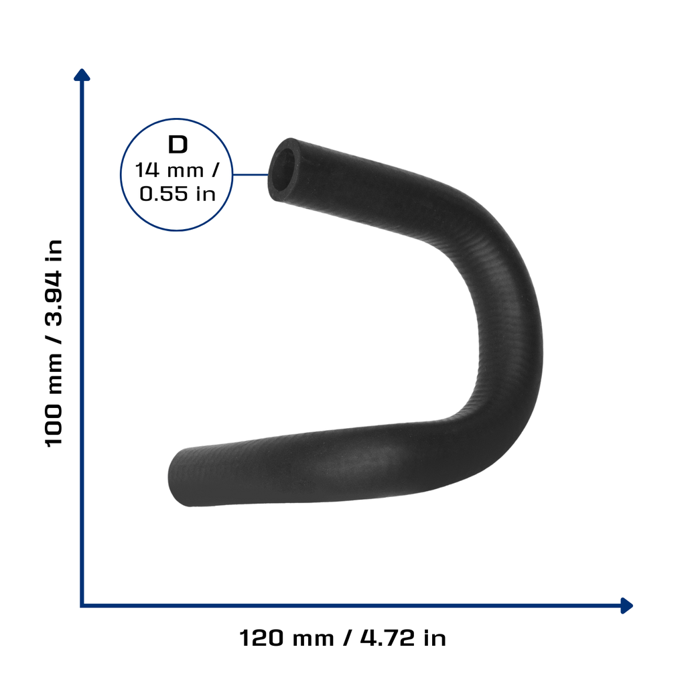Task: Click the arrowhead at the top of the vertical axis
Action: click(82, 75)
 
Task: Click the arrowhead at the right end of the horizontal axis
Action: click(626, 606)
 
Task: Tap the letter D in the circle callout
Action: click(178, 145)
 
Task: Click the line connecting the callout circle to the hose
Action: click(251, 175)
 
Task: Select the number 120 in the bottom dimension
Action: click(261, 638)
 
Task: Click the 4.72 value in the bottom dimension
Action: click(387, 638)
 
